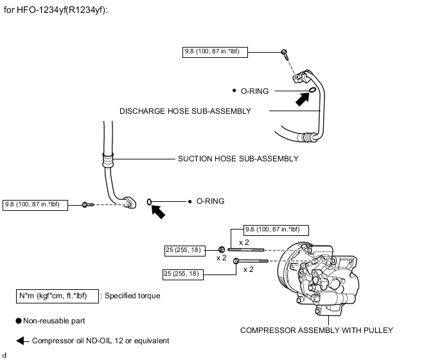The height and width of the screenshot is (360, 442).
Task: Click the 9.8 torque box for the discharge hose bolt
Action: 215,51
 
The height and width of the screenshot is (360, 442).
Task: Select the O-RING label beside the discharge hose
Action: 254,92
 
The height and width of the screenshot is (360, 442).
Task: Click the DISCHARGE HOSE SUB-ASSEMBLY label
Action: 185,111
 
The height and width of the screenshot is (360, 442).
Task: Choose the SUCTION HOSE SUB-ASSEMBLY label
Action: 238,157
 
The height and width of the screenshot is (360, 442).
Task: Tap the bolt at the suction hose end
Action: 86,204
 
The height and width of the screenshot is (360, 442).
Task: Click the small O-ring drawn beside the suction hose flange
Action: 150,202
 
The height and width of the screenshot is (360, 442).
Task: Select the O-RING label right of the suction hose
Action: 210,201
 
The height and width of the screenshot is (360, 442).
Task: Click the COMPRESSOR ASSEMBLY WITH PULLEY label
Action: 316,330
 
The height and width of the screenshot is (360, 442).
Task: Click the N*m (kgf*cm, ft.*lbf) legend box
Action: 57,296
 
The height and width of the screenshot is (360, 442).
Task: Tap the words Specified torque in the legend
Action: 132,296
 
